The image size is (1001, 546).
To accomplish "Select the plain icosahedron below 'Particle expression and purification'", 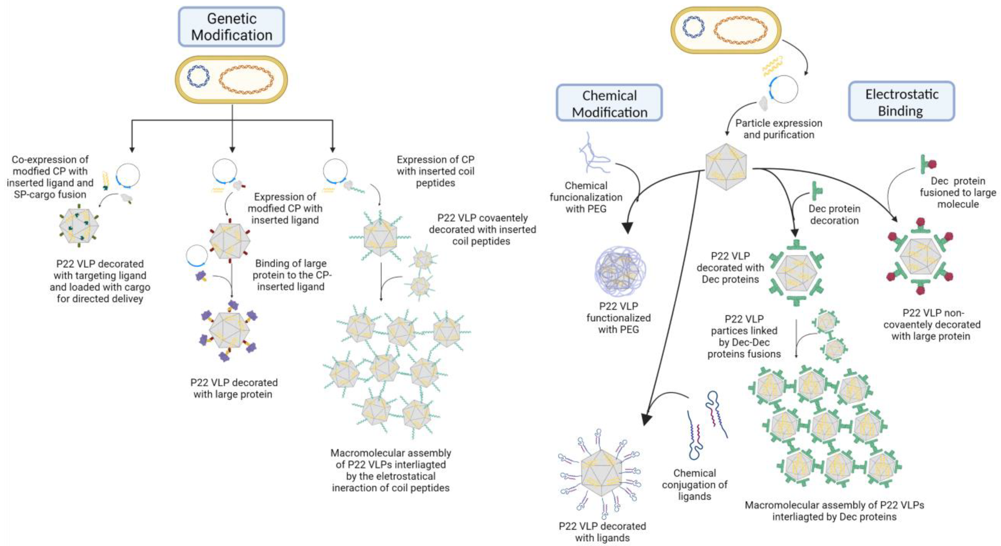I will (x=726, y=167).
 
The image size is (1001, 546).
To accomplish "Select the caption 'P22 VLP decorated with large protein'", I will (x=233, y=388).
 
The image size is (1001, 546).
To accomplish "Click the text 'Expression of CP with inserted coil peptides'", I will (x=435, y=171).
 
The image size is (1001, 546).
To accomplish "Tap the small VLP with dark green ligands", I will (x=79, y=225).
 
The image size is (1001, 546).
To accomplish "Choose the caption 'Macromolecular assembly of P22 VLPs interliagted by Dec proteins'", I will (x=834, y=511).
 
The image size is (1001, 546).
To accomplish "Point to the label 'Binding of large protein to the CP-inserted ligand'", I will (x=291, y=275).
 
